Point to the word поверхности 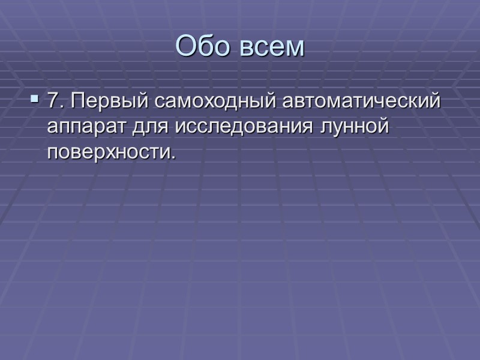(110, 153)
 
